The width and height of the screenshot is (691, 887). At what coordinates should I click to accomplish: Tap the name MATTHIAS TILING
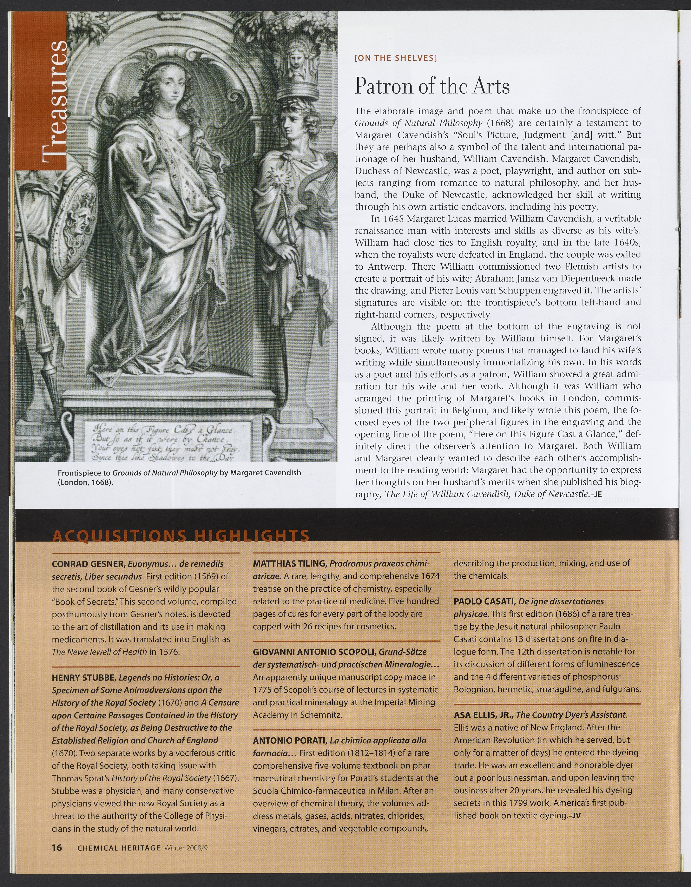[290, 564]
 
